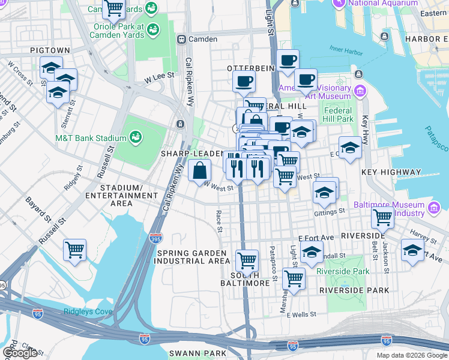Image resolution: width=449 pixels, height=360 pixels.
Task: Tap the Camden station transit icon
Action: [x=181, y=39]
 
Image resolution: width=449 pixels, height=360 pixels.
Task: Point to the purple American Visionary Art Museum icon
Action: [x=360, y=91]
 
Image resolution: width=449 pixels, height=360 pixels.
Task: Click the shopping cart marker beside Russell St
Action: [x=74, y=249]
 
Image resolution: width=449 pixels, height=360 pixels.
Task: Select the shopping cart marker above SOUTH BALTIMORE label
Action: [x=247, y=260]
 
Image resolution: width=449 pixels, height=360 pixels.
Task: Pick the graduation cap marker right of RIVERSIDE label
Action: [x=412, y=249]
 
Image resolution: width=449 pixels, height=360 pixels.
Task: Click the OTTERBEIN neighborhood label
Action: [x=251, y=68]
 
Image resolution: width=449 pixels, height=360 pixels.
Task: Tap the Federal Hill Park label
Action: [x=339, y=115]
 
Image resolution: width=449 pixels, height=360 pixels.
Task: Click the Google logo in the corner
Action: [x=19, y=353]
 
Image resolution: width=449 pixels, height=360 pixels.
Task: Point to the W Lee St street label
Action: [x=159, y=76]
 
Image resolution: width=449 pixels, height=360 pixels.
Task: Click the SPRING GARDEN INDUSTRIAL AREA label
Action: [x=193, y=257]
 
